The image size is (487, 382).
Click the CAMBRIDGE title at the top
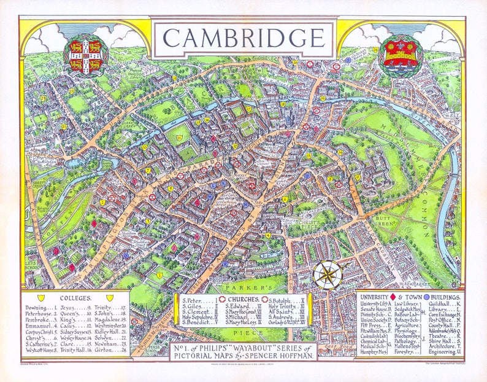pos(243,38)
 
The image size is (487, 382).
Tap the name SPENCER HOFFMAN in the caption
pos(283,356)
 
